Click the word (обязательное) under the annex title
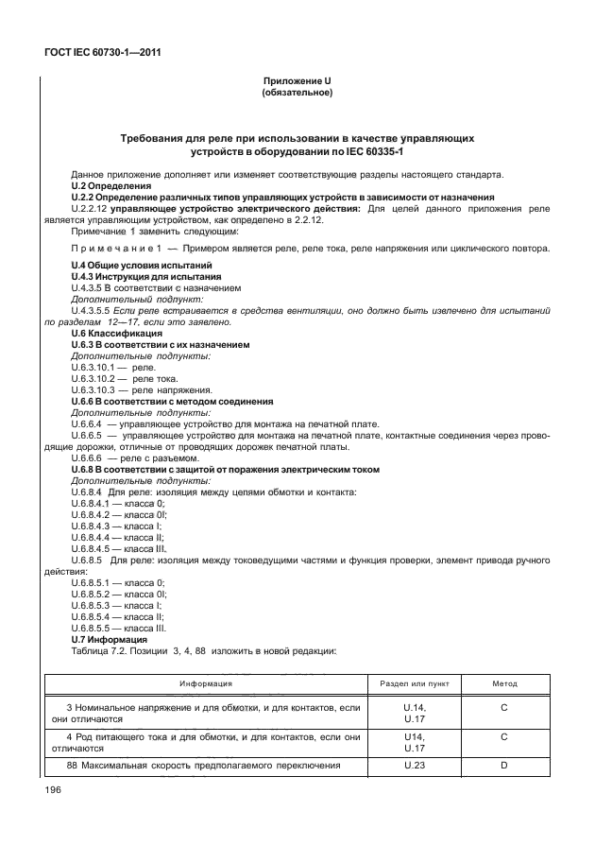pos(294,94)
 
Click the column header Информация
pos(207,682)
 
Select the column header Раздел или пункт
pos(414,682)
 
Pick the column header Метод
pos(504,682)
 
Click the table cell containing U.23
pos(414,766)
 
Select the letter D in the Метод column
pos(504,766)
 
